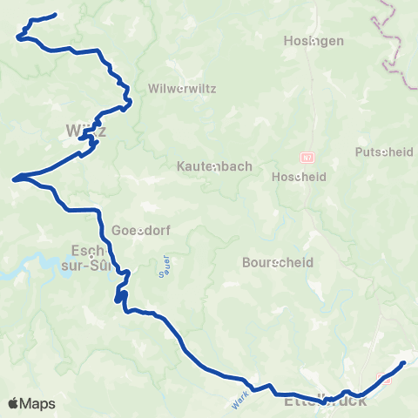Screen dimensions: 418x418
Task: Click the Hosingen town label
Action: tap(314, 41)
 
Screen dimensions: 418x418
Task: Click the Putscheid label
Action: tap(384, 152)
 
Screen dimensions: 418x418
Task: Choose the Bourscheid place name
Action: tap(273, 261)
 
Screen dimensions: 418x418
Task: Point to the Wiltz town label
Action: tap(85, 131)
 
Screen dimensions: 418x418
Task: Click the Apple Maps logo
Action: tap(30, 403)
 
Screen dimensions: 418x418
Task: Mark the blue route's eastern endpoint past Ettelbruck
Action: tap(404, 362)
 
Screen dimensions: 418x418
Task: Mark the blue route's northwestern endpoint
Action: tap(55, 15)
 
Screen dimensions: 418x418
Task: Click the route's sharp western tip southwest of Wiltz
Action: tap(13, 180)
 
